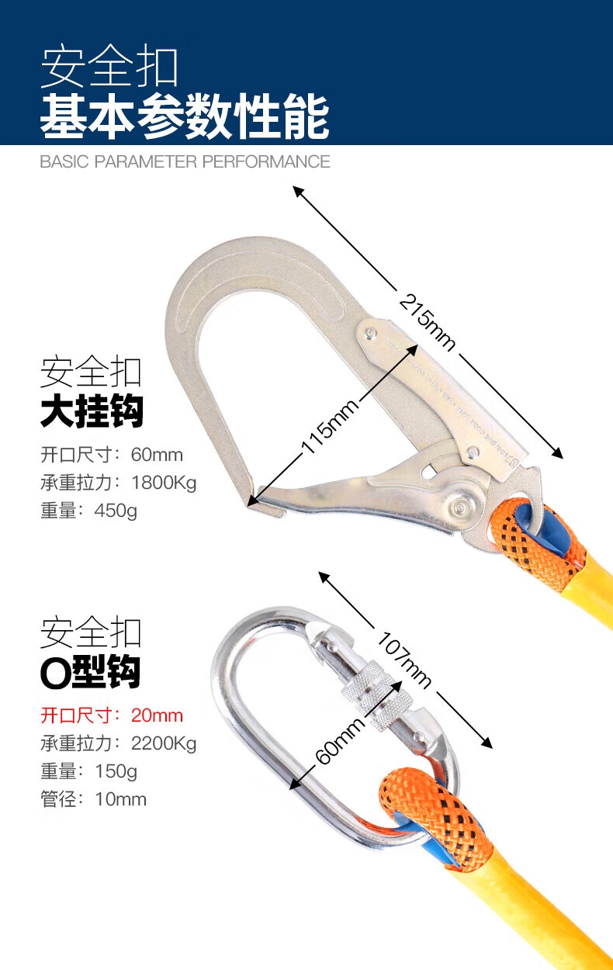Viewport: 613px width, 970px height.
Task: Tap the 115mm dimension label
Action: point(329,428)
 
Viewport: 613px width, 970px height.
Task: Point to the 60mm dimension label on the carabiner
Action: point(340,740)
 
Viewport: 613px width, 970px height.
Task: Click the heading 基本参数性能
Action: point(185,116)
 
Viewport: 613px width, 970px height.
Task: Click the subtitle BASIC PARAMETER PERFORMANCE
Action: point(185,161)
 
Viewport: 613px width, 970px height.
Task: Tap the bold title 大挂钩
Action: point(92,411)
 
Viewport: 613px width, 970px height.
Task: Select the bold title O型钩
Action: point(90,671)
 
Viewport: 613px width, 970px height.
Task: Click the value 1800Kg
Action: point(164,483)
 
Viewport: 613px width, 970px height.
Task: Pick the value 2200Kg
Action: point(164,743)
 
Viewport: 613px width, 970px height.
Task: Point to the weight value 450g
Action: point(115,511)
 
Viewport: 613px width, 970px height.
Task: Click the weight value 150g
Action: point(115,771)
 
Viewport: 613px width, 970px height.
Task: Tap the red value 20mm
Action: point(158,715)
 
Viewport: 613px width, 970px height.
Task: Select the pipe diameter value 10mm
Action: point(120,799)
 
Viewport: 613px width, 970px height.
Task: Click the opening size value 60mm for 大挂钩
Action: point(158,455)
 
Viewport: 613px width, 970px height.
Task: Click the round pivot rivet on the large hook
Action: point(463,508)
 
